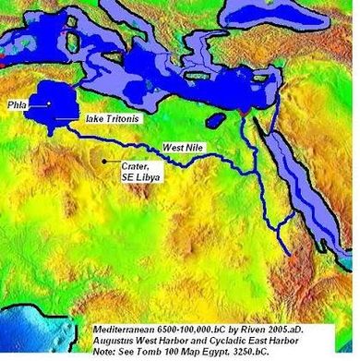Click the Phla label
point(18,105)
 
